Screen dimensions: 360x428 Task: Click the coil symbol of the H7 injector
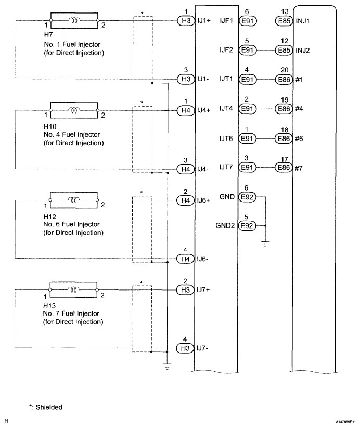coord(74,20)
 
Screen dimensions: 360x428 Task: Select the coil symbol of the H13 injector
coord(74,289)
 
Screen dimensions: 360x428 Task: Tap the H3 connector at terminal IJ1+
coord(186,21)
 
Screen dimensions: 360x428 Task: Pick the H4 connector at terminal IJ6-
coord(185,259)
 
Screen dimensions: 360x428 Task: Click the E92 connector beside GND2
coord(247,226)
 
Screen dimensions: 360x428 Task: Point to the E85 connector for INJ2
coord(284,50)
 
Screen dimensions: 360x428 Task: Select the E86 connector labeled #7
coord(284,167)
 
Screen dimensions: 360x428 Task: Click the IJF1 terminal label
coord(226,21)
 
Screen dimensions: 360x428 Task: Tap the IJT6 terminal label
coord(226,139)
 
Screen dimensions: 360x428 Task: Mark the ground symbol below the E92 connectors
coord(265,243)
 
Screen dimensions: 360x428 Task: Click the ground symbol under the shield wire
coord(167,366)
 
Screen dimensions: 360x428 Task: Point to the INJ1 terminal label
coord(302,21)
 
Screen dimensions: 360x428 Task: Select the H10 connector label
coord(50,127)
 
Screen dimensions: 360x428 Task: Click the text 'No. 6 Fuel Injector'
coord(71,224)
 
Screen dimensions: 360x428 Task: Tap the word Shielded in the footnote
coord(49,407)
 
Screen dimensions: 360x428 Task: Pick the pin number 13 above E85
coord(285,12)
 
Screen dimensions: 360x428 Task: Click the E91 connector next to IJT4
coord(247,109)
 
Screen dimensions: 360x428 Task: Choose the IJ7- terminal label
coord(202,348)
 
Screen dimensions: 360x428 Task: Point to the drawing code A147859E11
coord(345,422)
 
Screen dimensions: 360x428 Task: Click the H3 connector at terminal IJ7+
coord(185,290)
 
